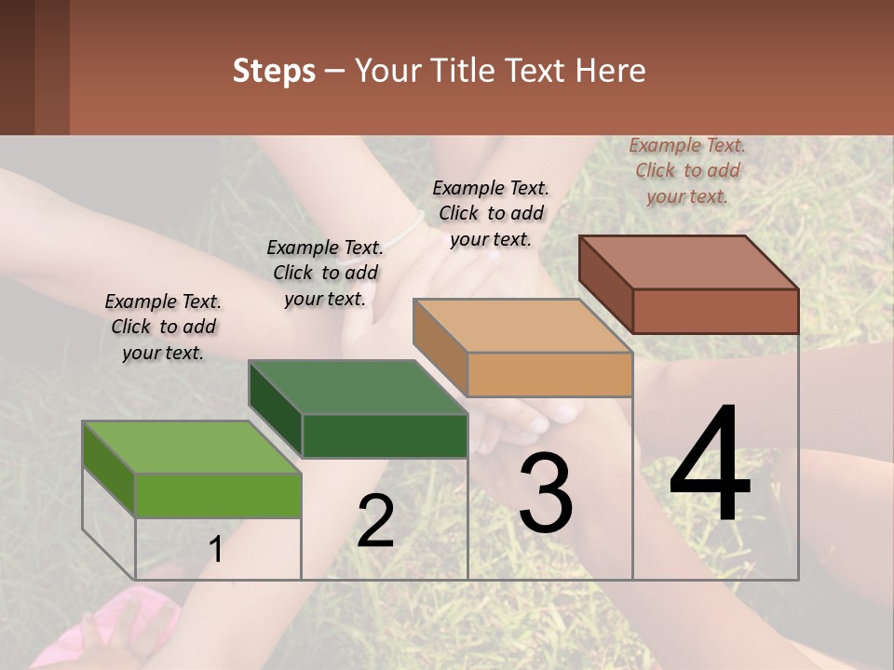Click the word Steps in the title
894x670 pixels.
(274, 71)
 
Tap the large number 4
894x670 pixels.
(710, 466)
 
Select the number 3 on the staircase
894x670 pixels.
(545, 493)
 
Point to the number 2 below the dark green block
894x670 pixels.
(375, 521)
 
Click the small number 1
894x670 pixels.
(215, 550)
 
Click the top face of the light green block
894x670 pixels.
(192, 447)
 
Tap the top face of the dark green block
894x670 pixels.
(358, 386)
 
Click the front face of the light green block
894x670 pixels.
(218, 495)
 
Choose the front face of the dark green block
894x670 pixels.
(385, 435)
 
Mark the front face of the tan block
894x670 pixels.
(549, 375)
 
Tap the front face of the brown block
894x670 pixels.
(715, 311)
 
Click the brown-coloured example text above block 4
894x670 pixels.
(687, 171)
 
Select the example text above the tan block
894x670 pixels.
(491, 213)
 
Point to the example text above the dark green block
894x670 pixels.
(325, 273)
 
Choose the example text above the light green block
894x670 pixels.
(163, 327)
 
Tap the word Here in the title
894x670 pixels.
(615, 71)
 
